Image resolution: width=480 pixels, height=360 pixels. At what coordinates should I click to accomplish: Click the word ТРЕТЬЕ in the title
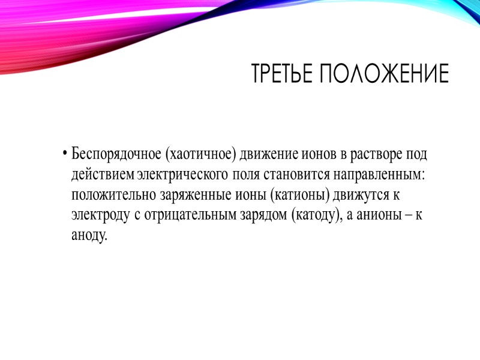click(283, 74)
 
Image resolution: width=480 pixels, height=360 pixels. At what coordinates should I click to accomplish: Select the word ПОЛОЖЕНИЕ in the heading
click(384, 74)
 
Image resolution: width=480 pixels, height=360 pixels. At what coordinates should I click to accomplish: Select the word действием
click(103, 175)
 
